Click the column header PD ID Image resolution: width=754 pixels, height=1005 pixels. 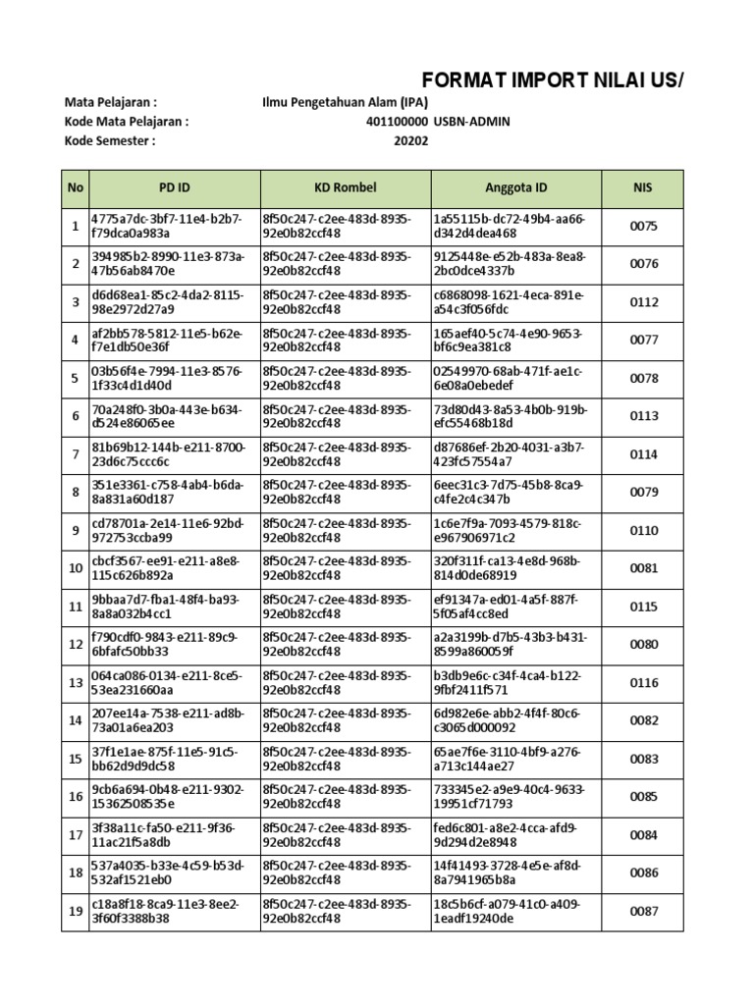pyautogui.click(x=175, y=187)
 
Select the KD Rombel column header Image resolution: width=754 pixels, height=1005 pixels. pyautogui.click(x=346, y=187)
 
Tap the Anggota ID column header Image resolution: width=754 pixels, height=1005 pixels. pyautogui.click(x=516, y=187)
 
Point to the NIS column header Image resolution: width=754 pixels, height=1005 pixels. pyautogui.click(x=643, y=187)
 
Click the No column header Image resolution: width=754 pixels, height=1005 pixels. pyautogui.click(x=75, y=187)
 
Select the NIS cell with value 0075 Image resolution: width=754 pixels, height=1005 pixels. pyautogui.click(x=643, y=227)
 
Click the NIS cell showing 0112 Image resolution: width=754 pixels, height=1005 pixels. pyautogui.click(x=643, y=302)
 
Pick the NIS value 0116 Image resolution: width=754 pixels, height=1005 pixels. pyautogui.click(x=643, y=683)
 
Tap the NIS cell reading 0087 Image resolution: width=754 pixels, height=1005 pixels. pyautogui.click(x=643, y=912)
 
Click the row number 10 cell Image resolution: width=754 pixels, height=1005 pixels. pyautogui.click(x=75, y=568)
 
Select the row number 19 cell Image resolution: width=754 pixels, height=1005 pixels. pyautogui.click(x=75, y=912)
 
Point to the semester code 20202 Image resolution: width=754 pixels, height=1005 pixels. pyautogui.click(x=411, y=140)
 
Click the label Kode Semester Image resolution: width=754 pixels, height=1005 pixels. pyautogui.click(x=110, y=140)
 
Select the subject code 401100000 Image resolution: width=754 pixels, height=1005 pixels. pyautogui.click(x=397, y=121)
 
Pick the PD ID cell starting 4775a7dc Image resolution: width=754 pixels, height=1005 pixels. pyautogui.click(x=167, y=227)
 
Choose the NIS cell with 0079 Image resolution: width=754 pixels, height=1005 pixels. pyautogui.click(x=643, y=493)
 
